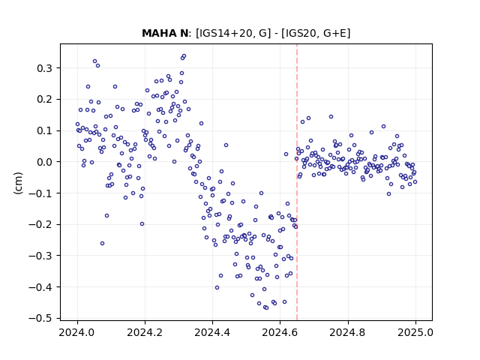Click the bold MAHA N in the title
[165, 33]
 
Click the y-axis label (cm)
[18, 183]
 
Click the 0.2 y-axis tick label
[45, 100]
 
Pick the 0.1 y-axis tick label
[45, 131]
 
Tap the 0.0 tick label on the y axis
[45, 162]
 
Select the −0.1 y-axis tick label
[40, 193]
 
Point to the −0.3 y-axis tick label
[40, 256]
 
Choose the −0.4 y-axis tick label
[40, 287]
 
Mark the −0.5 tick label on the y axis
[40, 319]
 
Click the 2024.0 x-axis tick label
[77, 332]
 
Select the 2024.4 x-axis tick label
[212, 332]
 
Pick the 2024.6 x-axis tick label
[280, 332]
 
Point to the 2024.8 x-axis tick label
[348, 332]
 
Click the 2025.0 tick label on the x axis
[415, 332]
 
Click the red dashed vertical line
[297, 182]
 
